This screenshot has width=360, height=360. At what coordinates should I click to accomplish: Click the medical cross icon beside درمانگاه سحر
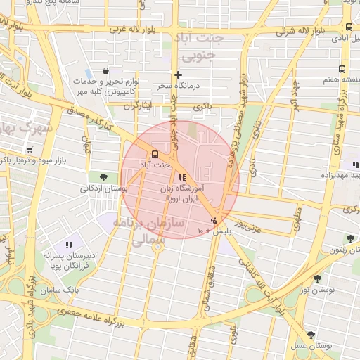(179, 75)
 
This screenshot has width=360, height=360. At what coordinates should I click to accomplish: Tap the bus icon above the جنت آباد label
(153, 154)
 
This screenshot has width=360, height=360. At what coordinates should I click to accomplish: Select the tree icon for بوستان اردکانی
(104, 177)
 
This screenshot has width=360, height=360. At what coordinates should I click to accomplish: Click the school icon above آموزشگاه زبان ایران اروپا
(182, 177)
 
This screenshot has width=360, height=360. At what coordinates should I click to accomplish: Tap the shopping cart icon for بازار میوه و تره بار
(29, 149)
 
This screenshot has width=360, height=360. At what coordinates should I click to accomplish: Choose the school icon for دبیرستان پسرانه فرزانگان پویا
(68, 245)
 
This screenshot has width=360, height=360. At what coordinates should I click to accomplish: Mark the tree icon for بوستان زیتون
(349, 238)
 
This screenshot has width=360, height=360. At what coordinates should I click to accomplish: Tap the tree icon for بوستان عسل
(311, 335)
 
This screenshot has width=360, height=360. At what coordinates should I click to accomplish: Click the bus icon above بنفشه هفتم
(342, 70)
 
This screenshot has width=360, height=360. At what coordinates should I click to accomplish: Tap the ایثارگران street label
(138, 106)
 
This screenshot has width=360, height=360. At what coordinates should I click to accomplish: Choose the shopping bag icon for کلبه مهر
(106, 70)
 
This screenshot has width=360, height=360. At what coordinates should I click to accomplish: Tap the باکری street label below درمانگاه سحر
(203, 108)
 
